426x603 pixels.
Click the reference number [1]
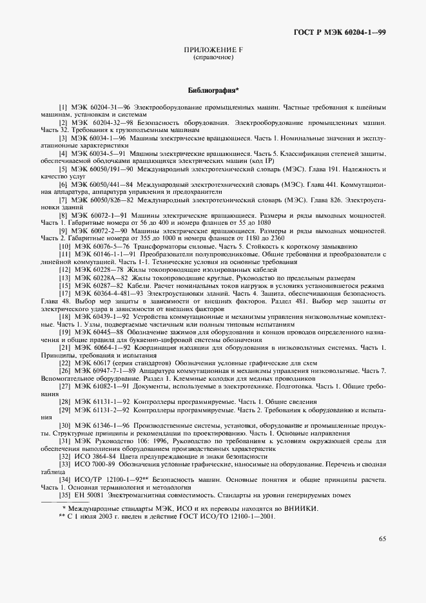(63, 106)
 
